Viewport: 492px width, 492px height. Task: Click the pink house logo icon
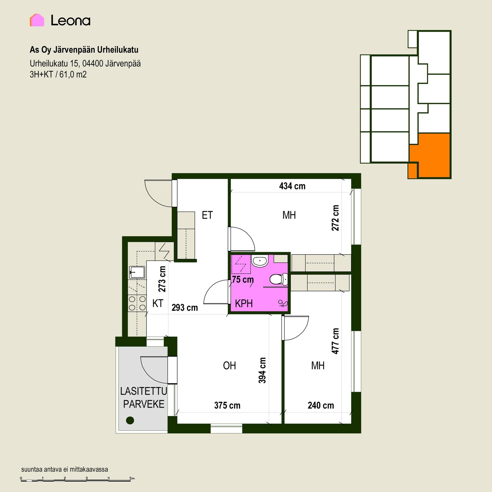click(37, 20)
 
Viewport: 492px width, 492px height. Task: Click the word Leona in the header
click(70, 20)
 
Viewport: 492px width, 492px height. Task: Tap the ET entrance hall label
click(207, 215)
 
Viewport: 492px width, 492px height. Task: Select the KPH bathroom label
click(244, 304)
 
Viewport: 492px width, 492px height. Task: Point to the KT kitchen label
click(158, 303)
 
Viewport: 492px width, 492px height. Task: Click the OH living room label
click(229, 366)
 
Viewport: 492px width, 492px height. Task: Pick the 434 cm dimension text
click(292, 186)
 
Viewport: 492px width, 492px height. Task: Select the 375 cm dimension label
click(227, 405)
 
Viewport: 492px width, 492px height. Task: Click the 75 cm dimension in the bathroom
click(243, 279)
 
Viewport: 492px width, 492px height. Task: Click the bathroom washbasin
click(260, 261)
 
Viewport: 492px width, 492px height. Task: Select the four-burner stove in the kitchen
click(137, 303)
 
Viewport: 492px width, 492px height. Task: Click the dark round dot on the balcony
click(130, 420)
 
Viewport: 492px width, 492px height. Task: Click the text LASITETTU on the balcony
click(143, 391)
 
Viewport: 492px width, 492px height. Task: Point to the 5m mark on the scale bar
click(132, 478)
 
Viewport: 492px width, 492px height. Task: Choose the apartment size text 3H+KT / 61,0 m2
click(58, 75)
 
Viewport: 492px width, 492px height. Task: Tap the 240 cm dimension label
click(321, 405)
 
